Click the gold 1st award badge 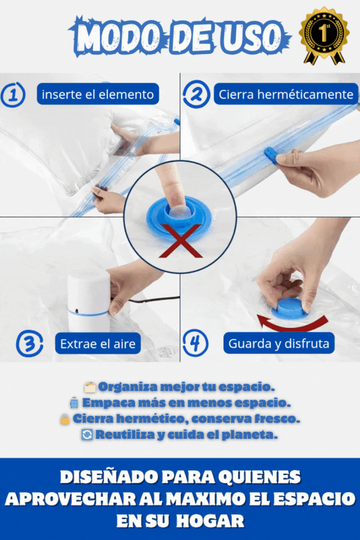(x=324, y=36)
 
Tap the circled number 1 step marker (x=13, y=94)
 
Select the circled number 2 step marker (x=196, y=94)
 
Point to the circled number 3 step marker (x=29, y=344)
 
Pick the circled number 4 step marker (x=195, y=344)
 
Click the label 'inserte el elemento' (x=98, y=94)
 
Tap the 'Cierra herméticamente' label (x=286, y=94)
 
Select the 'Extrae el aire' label (x=98, y=344)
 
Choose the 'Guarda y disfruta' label (x=279, y=343)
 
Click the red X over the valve (x=181, y=241)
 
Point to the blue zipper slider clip (x=272, y=156)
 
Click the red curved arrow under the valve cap (x=292, y=324)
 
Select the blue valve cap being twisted (x=290, y=309)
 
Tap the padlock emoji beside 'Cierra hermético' (x=65, y=419)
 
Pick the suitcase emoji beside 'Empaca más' (x=74, y=402)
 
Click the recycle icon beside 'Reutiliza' (x=87, y=435)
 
